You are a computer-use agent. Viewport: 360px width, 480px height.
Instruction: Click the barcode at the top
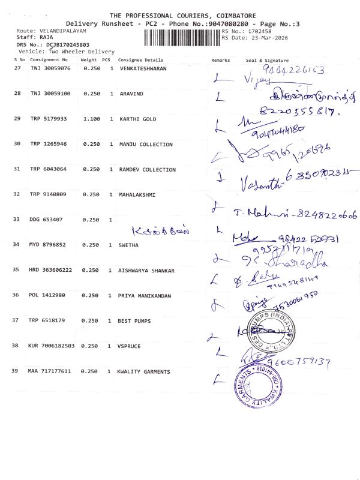point(182,37)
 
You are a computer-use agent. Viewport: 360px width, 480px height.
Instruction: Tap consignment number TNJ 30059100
point(50,94)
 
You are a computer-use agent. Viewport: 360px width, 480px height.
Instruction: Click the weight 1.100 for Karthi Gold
point(91,119)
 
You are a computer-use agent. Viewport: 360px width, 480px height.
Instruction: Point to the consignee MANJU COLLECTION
point(146,145)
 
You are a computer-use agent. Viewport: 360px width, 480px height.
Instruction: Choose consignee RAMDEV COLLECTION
point(148,170)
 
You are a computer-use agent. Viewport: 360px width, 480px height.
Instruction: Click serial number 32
point(17,195)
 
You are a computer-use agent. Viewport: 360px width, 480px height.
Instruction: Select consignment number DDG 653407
point(46,220)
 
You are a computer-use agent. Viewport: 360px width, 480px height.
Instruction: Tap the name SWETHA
point(129,245)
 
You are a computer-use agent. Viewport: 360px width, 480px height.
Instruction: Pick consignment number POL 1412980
point(48,296)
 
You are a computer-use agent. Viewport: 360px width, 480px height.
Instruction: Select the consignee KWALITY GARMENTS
point(143,372)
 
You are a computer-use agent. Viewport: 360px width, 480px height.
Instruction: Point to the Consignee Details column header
point(140,60)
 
